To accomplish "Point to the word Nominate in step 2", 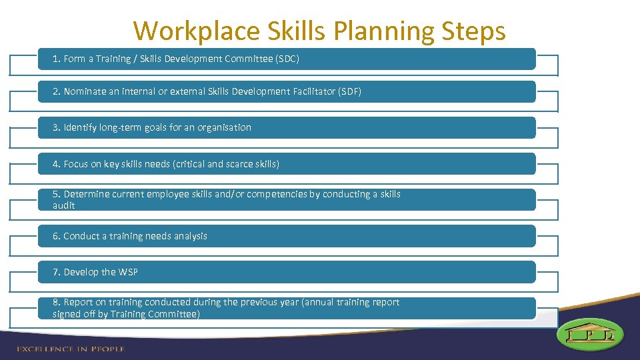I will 84,91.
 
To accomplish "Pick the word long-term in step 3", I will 120,127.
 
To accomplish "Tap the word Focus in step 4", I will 76,164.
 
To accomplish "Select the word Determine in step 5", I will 86,195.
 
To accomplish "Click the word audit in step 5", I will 64,206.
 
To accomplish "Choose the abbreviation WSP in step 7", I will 127,272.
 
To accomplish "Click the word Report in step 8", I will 79,303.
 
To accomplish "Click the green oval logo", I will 591,333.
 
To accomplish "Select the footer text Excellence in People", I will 70,349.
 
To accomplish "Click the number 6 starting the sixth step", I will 56,236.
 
